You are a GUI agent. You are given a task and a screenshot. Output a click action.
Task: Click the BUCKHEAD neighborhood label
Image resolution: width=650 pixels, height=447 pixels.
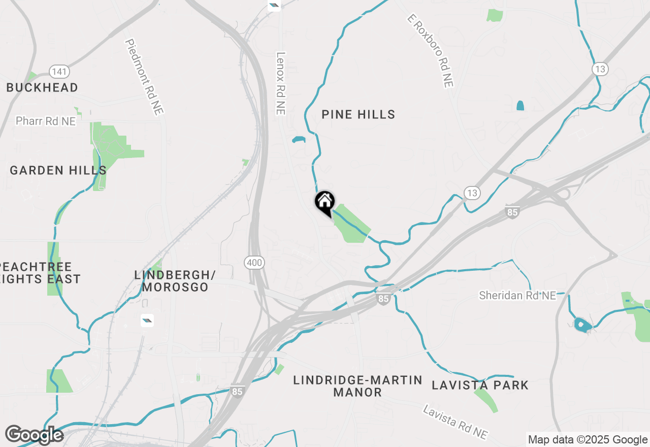(x=42, y=87)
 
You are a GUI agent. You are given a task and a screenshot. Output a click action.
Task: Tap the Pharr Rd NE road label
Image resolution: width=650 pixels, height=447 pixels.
(x=46, y=121)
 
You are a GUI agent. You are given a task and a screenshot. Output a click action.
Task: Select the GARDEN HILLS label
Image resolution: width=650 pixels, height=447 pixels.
(x=58, y=170)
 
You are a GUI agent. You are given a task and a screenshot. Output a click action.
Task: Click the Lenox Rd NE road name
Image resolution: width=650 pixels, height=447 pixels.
(x=281, y=83)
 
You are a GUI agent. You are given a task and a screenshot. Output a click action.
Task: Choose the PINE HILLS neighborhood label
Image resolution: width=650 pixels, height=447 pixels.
(x=359, y=114)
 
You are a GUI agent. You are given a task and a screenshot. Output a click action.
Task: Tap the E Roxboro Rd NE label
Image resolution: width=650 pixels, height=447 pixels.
(x=430, y=50)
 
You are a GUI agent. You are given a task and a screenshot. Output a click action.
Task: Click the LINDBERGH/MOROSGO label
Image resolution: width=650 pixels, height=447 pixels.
(x=175, y=281)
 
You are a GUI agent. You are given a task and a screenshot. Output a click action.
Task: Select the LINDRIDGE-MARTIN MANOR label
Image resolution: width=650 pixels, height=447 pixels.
(x=358, y=386)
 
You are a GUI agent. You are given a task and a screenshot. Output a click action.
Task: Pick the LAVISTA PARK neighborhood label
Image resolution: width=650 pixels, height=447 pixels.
(x=480, y=385)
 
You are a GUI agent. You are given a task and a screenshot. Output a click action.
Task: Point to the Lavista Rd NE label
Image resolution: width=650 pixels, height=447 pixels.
(x=455, y=422)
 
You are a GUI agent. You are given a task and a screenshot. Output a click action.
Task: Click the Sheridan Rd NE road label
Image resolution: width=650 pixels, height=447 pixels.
(x=517, y=295)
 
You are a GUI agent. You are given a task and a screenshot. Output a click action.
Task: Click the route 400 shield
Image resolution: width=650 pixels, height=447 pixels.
(x=254, y=263)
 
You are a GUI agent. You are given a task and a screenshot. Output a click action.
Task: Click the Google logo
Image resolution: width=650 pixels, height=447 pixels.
(x=35, y=435)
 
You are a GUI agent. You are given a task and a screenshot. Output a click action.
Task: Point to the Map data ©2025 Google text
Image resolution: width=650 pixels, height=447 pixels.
(x=588, y=440)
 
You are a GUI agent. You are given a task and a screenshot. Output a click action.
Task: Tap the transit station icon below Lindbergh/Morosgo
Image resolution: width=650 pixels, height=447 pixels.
(x=147, y=320)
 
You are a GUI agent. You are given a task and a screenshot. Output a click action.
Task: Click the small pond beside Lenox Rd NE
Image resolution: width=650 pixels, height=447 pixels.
(x=298, y=139)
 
